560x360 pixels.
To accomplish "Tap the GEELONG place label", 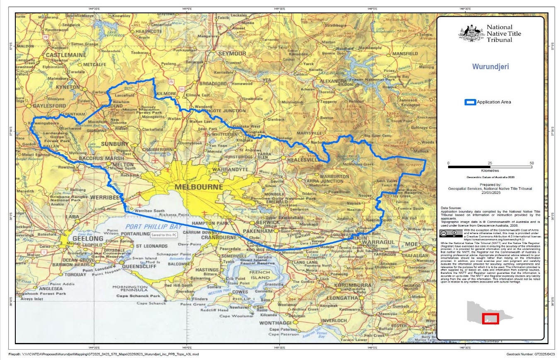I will click(x=87, y=239).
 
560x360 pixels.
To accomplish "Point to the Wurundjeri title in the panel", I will click(x=490, y=66).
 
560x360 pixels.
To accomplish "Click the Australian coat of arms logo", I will click(x=471, y=33).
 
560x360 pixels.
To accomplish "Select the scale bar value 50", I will click(x=532, y=163).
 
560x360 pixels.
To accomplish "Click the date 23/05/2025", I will click(x=491, y=193).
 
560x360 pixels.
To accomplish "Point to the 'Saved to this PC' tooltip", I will click(x=164, y=234).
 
